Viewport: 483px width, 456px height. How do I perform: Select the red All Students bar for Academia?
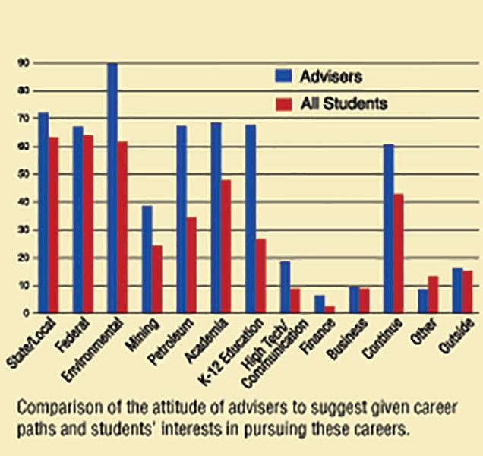point(226,246)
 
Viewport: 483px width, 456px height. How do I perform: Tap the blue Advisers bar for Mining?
point(147,259)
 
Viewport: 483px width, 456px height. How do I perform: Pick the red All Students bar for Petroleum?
point(191,265)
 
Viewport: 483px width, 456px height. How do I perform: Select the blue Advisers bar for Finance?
point(319,304)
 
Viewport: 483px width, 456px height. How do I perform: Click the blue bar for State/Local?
point(43,213)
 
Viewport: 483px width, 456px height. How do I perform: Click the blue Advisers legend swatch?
point(283,75)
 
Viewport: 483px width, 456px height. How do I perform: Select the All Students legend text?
point(344,103)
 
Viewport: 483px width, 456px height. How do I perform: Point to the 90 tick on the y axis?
point(25,63)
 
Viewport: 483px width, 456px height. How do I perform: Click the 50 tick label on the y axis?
point(25,174)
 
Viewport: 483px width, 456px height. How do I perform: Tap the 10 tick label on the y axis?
point(25,285)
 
